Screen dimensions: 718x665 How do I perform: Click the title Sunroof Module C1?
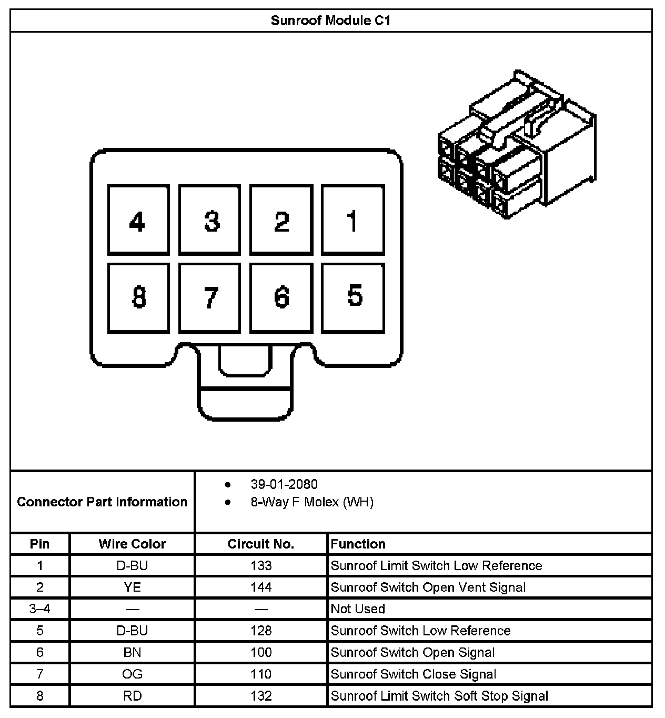click(x=330, y=21)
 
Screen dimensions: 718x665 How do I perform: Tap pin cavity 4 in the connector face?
click(x=138, y=220)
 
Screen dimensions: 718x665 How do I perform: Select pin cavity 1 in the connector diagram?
click(x=352, y=220)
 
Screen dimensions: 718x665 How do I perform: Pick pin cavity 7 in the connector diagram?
click(x=209, y=298)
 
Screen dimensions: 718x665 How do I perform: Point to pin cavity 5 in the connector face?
click(x=352, y=298)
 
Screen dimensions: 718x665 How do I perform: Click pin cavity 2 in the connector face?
click(x=281, y=220)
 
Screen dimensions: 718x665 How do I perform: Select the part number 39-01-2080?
click(x=284, y=484)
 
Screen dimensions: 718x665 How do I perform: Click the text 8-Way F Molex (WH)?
click(x=312, y=502)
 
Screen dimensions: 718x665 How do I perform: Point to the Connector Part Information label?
click(x=102, y=502)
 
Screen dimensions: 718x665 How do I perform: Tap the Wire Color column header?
click(x=132, y=544)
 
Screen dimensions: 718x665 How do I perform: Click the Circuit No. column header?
click(x=261, y=544)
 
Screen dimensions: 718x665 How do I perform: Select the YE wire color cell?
click(x=132, y=587)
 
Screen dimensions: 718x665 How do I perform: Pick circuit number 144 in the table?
click(x=261, y=587)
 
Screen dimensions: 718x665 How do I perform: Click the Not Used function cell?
click(x=358, y=609)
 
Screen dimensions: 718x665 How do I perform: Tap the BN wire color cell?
click(x=132, y=653)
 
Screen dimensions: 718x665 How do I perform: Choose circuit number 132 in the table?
click(x=261, y=696)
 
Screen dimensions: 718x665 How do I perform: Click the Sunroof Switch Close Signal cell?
click(x=414, y=674)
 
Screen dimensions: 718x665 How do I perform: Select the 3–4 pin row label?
click(x=40, y=609)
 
